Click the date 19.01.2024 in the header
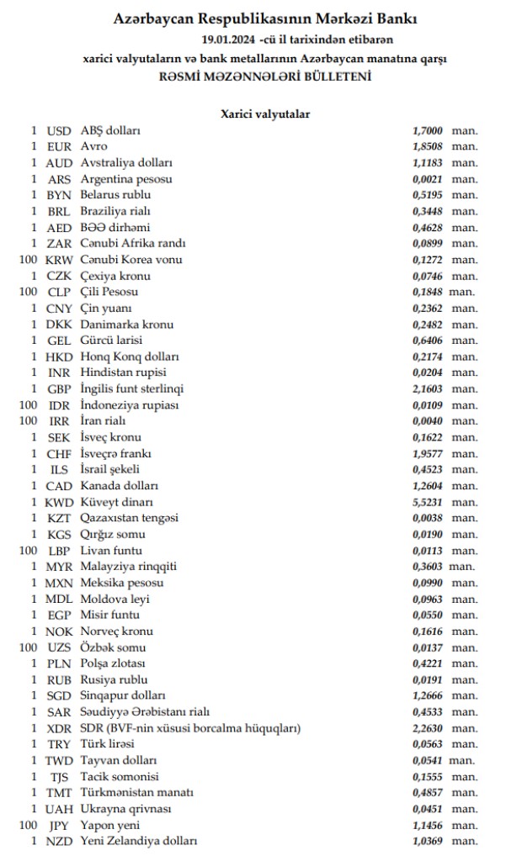229,39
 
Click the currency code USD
59,130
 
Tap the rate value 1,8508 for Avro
428,146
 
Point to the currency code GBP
59,388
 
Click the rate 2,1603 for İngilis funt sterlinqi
428,388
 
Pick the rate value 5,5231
428,502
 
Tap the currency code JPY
59,825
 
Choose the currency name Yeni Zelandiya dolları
139,841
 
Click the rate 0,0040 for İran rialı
428,421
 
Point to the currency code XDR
59,728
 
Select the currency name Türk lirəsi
108,744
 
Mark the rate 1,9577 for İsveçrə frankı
428,453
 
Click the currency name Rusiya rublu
115,679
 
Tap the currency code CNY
59,308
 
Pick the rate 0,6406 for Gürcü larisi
428,341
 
